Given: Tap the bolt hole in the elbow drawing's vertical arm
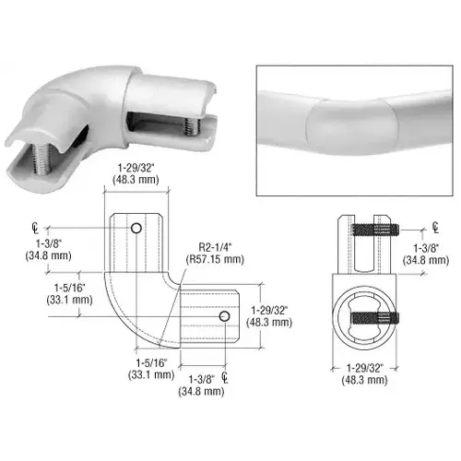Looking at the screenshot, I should click(x=136, y=228).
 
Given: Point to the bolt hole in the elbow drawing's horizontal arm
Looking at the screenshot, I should click(x=223, y=316).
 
